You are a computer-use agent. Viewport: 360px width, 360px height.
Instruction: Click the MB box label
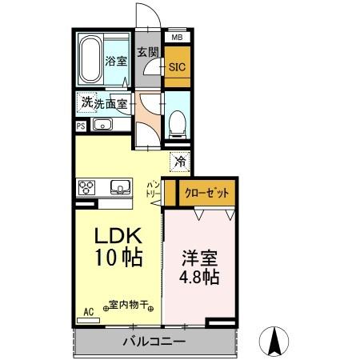175,37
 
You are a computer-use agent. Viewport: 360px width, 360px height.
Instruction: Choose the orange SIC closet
176,67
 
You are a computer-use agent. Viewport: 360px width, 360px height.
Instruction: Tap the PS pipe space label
82,126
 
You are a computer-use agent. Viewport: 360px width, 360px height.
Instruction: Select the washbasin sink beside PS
102,125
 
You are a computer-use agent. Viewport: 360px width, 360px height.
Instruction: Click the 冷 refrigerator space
181,161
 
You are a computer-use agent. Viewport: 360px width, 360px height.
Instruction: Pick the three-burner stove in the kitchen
87,187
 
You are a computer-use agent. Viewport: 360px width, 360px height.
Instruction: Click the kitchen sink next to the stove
120,187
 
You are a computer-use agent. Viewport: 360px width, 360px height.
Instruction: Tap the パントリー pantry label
153,189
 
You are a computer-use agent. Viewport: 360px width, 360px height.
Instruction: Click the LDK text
119,238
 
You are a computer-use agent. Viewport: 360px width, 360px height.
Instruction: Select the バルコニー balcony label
154,342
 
